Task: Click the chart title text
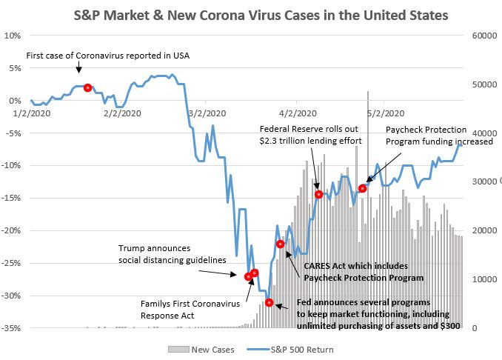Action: point(250,14)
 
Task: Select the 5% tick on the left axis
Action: point(13,67)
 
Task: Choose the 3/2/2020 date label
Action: point(206,113)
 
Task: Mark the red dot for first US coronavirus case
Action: point(88,87)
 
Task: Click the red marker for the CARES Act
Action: point(281,244)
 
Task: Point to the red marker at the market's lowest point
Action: point(270,302)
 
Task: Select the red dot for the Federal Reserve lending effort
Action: point(318,194)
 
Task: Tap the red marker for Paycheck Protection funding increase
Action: point(363,188)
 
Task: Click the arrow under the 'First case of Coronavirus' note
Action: point(79,68)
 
